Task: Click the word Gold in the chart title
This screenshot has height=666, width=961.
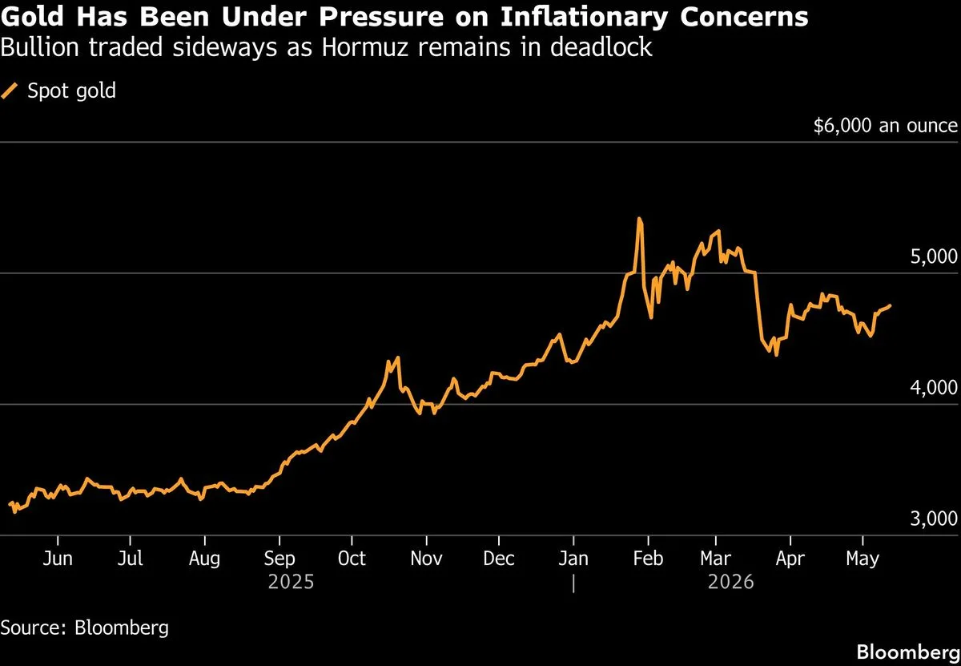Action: [x=32, y=16]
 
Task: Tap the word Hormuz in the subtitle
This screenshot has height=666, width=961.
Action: [x=364, y=46]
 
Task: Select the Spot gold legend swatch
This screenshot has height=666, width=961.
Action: [x=10, y=91]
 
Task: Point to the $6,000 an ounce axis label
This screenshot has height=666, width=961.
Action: [x=886, y=126]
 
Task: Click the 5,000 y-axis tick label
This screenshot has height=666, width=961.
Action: [x=934, y=256]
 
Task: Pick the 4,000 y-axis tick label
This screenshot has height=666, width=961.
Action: [x=934, y=387]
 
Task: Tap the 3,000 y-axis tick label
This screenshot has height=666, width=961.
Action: [x=934, y=519]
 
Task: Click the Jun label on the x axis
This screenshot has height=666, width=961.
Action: [x=58, y=559]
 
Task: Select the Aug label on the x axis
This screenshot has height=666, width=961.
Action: [x=205, y=559]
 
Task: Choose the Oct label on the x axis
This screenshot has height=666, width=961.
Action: [x=352, y=559]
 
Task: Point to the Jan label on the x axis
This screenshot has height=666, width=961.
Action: [x=573, y=559]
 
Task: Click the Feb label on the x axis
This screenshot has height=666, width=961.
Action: [x=648, y=559]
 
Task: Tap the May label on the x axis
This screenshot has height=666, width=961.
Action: [x=862, y=559]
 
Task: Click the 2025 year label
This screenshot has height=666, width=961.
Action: [x=291, y=583]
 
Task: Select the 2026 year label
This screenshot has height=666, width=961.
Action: [x=730, y=583]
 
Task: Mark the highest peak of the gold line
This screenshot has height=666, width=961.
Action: [x=639, y=219]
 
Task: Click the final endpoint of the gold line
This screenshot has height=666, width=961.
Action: [x=891, y=305]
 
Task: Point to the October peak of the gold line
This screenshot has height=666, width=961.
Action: [x=398, y=357]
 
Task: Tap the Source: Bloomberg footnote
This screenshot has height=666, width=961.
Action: [x=85, y=628]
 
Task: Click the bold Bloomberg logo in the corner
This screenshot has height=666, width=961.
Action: [x=908, y=652]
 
